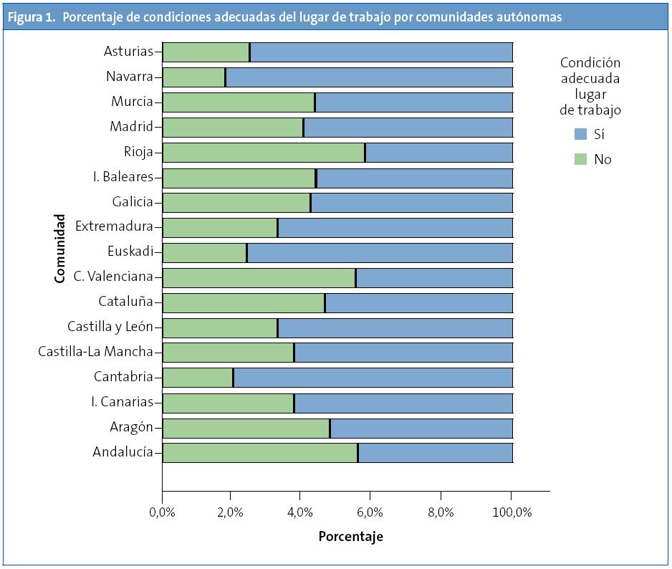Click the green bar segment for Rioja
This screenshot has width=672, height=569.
pyautogui.click(x=264, y=153)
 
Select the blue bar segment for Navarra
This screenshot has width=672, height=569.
pyautogui.click(x=369, y=77)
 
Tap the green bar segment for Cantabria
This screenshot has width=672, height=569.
pyautogui.click(x=198, y=378)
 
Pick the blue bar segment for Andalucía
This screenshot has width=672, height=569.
pyautogui.click(x=436, y=453)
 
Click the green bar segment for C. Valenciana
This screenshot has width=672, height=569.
pyautogui.click(x=259, y=277)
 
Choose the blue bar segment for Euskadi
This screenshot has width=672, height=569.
pyautogui.click(x=380, y=252)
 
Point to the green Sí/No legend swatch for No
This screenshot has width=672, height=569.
pyautogui.click(x=581, y=159)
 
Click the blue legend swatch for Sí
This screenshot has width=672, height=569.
pyautogui.click(x=581, y=134)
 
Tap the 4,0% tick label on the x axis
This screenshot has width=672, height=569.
pyautogui.click(x=301, y=512)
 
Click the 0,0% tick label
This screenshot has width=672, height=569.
pyautogui.click(x=163, y=512)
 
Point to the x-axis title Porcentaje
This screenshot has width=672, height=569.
pyautogui.click(x=350, y=537)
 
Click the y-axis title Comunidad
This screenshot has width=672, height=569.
pyautogui.click(x=60, y=248)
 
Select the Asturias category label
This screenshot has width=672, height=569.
pyautogui.click(x=128, y=52)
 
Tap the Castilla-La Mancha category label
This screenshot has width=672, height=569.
pyautogui.click(x=95, y=352)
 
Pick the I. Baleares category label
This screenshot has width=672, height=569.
pyautogui.click(x=123, y=177)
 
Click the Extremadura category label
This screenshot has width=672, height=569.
pyautogui.click(x=115, y=226)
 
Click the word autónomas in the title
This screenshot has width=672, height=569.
pyautogui.click(x=529, y=17)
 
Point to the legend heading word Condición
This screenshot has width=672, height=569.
pyautogui.click(x=590, y=63)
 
